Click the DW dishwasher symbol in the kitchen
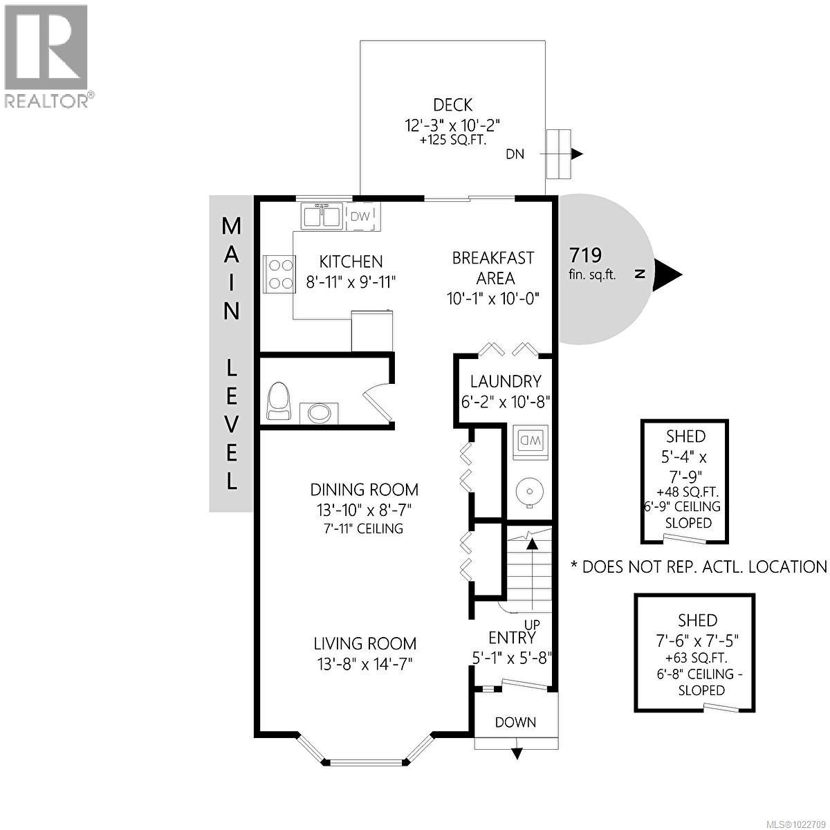pyautogui.click(x=360, y=216)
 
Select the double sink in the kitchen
pyautogui.click(x=321, y=216)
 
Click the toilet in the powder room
pyautogui.click(x=281, y=402)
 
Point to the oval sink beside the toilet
pyautogui.click(x=320, y=413)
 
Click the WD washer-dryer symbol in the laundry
pyautogui.click(x=531, y=440)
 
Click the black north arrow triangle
pyautogui.click(x=668, y=274)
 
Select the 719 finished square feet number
pyautogui.click(x=584, y=255)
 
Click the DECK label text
pyautogui.click(x=452, y=105)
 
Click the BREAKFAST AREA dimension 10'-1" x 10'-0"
pyautogui.click(x=492, y=298)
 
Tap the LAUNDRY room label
pyautogui.click(x=505, y=381)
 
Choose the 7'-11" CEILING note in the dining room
pyautogui.click(x=364, y=528)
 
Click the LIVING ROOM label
pyautogui.click(x=365, y=643)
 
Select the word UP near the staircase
pyautogui.click(x=532, y=625)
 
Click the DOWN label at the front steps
pyautogui.click(x=515, y=722)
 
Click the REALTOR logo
pyautogui.click(x=46, y=56)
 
